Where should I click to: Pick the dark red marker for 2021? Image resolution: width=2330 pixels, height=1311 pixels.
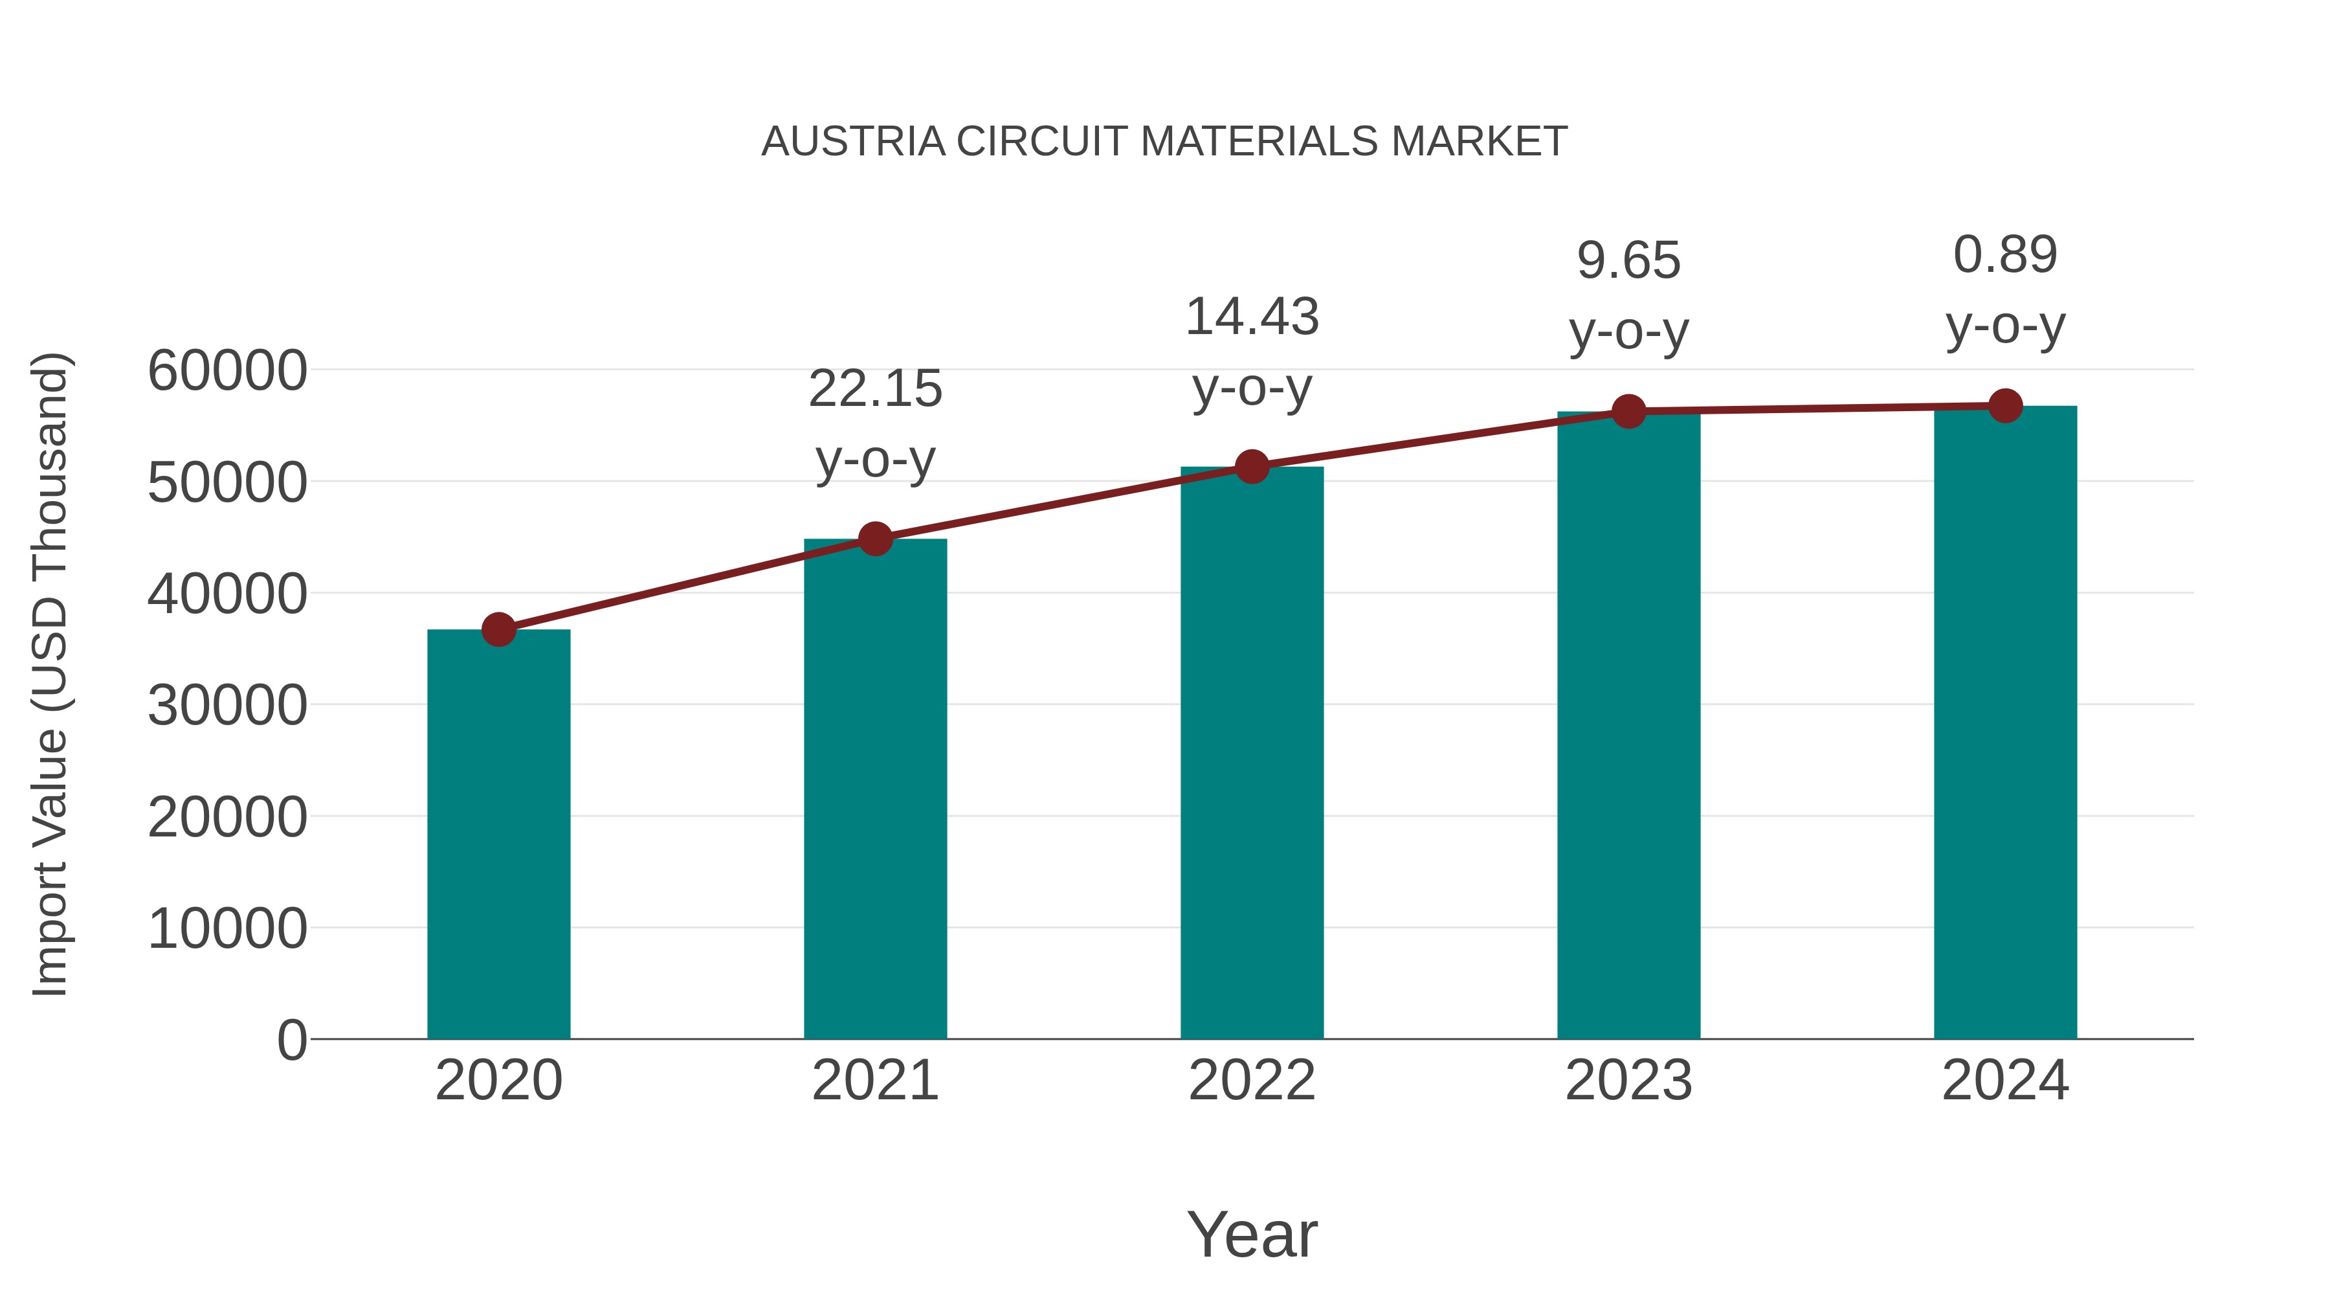tap(874, 539)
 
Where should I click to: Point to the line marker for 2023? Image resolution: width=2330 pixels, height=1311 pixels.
tap(1628, 412)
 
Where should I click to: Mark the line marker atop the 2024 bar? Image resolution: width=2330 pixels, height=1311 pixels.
tap(2005, 406)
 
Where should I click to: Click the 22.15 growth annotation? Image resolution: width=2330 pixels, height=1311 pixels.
tap(874, 389)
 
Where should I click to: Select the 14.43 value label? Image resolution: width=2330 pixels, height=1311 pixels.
tap(1252, 318)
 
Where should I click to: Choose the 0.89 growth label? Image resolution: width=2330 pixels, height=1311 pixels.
tap(2005, 254)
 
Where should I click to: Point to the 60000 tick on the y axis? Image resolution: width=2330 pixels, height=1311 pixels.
tap(227, 371)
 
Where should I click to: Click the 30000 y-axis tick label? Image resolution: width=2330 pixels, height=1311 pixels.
tap(227, 706)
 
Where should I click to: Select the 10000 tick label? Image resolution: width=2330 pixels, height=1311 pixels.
tap(227, 928)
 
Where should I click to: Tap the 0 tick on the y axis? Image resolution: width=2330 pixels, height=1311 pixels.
tap(291, 1040)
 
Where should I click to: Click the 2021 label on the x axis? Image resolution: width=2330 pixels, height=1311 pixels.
tap(874, 1081)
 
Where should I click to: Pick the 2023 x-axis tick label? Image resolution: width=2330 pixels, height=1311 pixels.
tap(1628, 1081)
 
